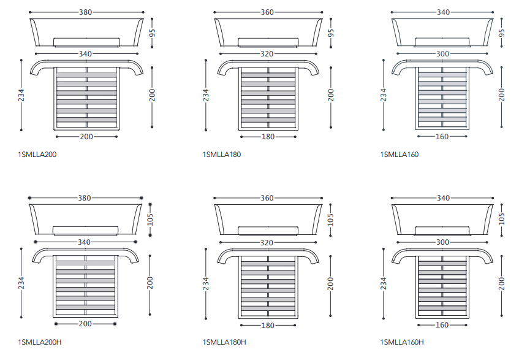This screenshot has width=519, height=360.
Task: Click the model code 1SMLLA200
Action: pyautogui.click(x=37, y=155)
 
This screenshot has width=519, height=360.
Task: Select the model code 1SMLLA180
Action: pyautogui.click(x=221, y=155)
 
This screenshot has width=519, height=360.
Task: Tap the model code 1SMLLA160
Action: pyautogui.click(x=399, y=155)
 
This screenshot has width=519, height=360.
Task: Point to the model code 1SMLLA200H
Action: pyautogui.click(x=40, y=342)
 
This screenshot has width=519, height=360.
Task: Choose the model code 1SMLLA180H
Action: pyautogui.click(x=224, y=342)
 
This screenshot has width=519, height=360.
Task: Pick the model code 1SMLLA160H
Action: pyautogui.click(x=401, y=342)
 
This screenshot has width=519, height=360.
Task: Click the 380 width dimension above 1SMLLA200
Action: pyautogui.click(x=86, y=12)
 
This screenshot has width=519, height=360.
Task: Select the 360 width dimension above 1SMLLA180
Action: pyautogui.click(x=267, y=12)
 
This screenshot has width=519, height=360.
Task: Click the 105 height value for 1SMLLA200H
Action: pyautogui.click(x=150, y=220)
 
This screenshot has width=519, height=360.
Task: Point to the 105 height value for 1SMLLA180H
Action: pyautogui.click(x=331, y=218)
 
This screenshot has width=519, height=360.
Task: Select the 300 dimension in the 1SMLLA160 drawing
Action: pyautogui.click(x=442, y=54)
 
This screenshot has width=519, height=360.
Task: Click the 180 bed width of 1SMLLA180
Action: pyautogui.click(x=268, y=137)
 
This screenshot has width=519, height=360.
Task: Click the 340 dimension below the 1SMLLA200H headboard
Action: pyautogui.click(x=85, y=242)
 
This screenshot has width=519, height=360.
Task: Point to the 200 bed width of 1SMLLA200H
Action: pyautogui.click(x=86, y=323)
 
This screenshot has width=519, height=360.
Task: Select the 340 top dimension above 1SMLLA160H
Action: pyautogui.click(x=443, y=198)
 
